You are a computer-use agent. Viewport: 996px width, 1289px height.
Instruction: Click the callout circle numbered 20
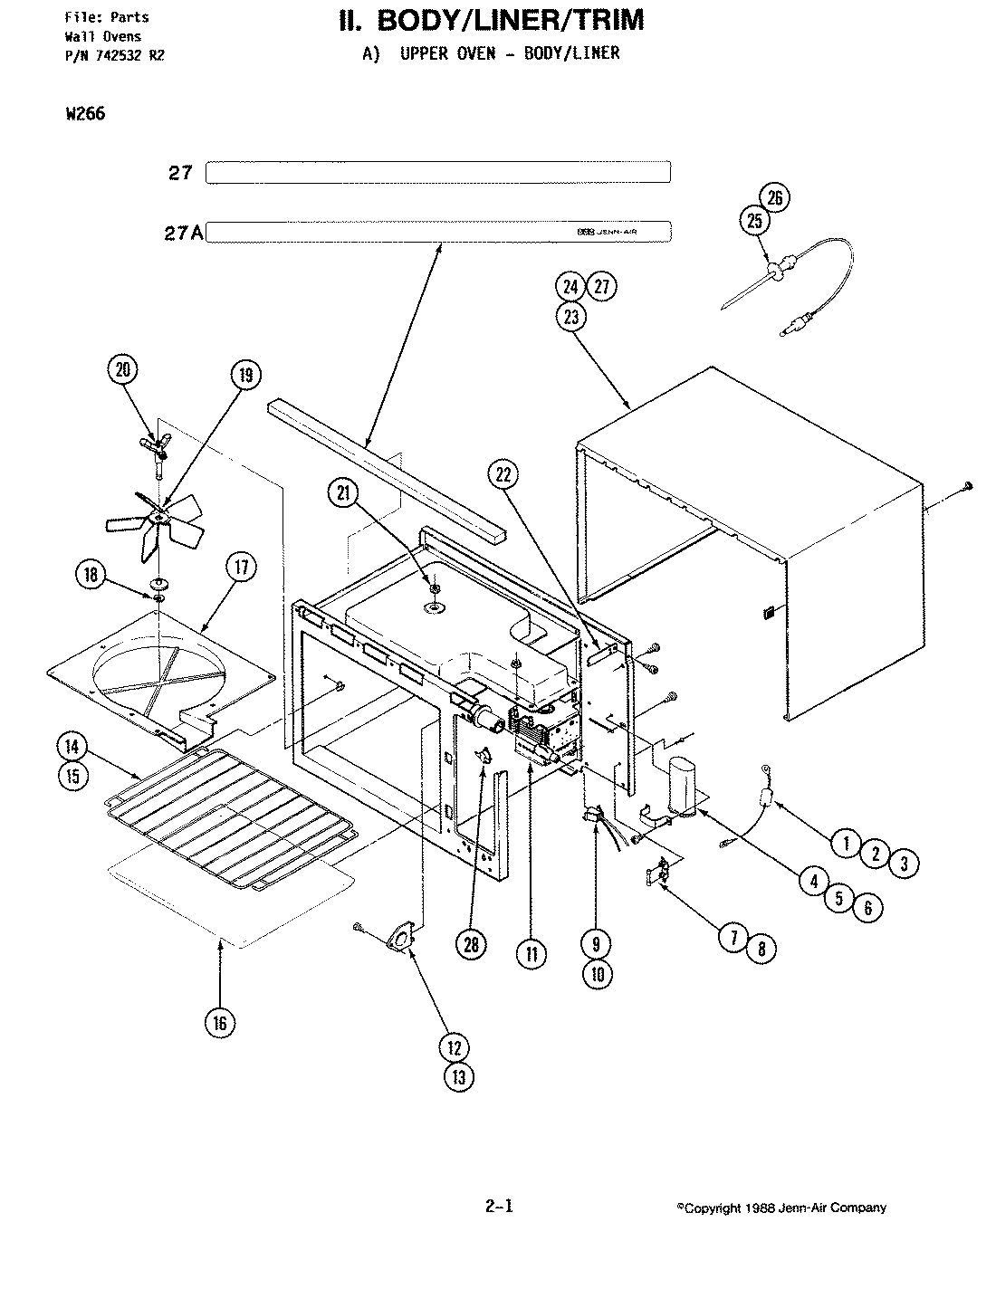[122, 368]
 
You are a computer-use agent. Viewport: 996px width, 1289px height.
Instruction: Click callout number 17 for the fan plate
[242, 568]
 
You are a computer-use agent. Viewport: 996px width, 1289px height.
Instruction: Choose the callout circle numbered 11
[532, 953]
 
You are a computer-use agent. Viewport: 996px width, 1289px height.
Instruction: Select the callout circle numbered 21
[345, 492]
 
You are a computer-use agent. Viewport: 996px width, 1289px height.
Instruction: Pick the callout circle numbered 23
[572, 317]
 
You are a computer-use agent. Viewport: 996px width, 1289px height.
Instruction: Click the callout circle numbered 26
[776, 197]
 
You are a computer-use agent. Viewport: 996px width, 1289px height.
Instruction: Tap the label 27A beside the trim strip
[185, 233]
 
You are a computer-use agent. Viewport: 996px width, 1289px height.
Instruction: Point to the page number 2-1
[499, 1206]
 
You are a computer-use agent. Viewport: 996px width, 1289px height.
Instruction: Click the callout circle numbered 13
[459, 1076]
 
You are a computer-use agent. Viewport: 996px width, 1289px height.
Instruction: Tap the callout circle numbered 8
[761, 948]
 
